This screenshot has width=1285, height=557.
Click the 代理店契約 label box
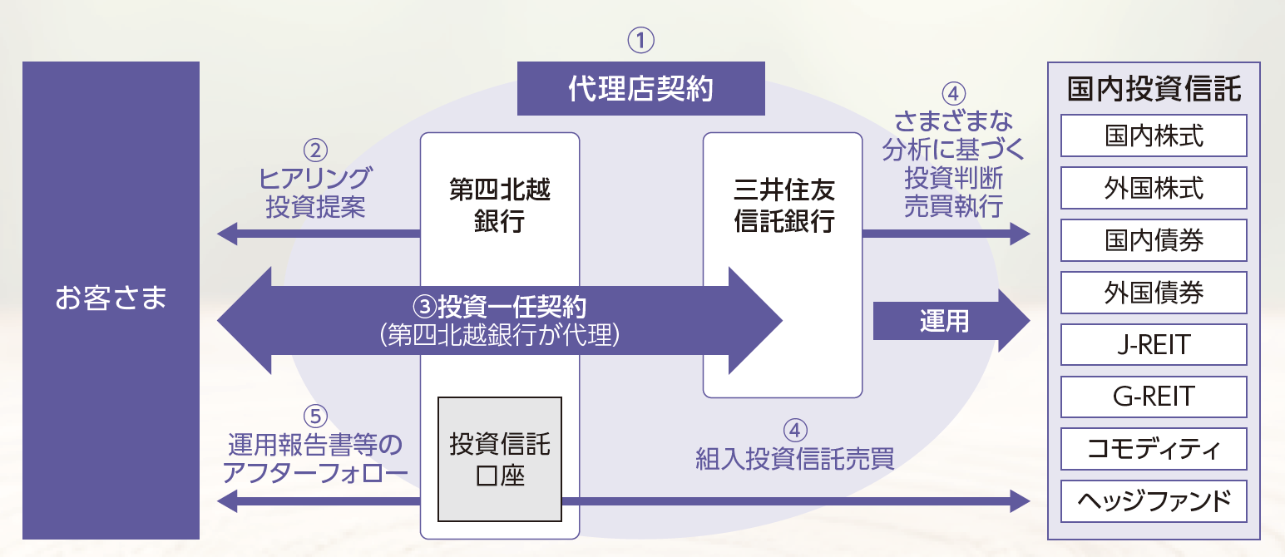click(640, 88)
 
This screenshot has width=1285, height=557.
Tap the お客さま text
click(111, 297)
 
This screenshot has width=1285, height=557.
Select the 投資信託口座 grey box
click(499, 459)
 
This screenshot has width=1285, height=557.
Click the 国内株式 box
click(1154, 136)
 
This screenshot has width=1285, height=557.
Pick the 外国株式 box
click(1154, 188)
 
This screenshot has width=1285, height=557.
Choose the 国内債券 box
click(1154, 240)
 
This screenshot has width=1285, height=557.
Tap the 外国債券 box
click(1154, 293)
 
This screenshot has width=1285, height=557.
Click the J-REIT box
click(1154, 344)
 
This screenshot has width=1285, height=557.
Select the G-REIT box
click(1154, 397)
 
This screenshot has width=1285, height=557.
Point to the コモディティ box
click(1154, 449)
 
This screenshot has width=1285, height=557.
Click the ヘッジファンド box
click(1154, 501)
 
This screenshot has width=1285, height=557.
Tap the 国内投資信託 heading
click(1154, 89)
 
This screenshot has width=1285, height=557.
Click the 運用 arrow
click(948, 321)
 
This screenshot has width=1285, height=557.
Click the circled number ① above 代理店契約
click(640, 39)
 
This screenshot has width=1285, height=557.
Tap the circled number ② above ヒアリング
click(315, 150)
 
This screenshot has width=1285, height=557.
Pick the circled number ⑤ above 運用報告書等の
click(315, 415)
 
